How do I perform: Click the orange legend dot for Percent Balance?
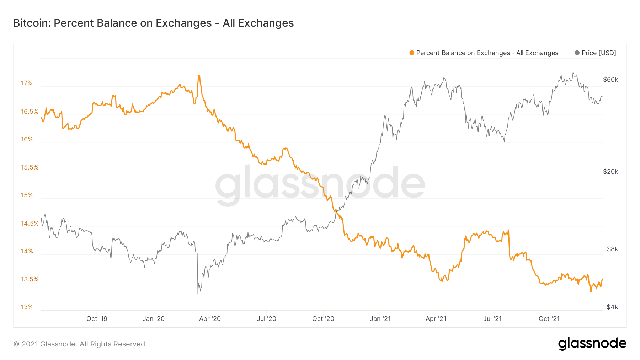pos(412,53)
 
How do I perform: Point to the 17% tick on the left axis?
pos(27,83)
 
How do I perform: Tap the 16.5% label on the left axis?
pos(30,112)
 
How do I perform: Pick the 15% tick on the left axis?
pos(27,195)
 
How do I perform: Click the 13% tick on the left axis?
pos(27,307)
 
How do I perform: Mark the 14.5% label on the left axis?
pos(30,224)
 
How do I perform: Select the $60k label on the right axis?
pos(610,80)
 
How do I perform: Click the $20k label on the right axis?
pos(610,172)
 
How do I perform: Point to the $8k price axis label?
pos(612,249)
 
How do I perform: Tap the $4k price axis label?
pos(612,307)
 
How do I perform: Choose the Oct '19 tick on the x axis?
pos(97,319)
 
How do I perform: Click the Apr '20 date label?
pos(210,319)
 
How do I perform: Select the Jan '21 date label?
pos(380,319)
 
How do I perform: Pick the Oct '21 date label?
pos(549,319)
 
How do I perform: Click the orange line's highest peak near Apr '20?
pos(199,76)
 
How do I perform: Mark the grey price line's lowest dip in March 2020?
pos(198,293)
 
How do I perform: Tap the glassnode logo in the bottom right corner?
pos(592,344)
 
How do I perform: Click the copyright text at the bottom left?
pos(80,344)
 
